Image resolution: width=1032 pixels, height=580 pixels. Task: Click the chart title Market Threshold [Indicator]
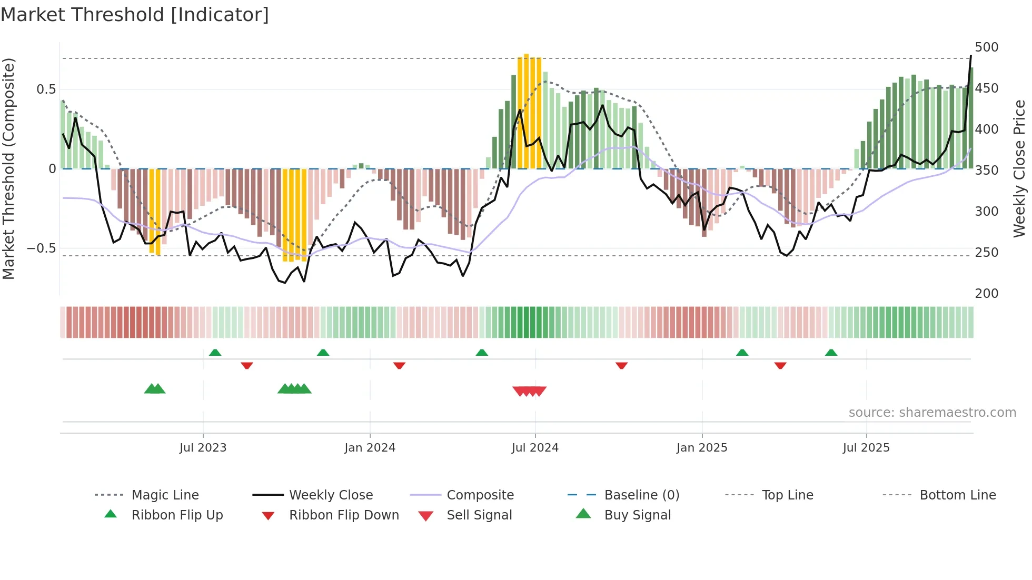coord(135,15)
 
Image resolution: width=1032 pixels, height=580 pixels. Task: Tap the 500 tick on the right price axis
coord(986,47)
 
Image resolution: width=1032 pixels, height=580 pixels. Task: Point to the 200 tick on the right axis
coord(986,293)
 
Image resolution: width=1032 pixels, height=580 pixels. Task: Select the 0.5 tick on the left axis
coord(46,89)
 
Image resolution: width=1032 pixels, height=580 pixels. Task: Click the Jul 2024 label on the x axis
coord(534,448)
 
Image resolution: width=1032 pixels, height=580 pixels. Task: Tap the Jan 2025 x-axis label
coord(701,448)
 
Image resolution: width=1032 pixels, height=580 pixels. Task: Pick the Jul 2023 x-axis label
coord(203,448)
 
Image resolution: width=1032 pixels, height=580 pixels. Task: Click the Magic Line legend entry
coord(165,495)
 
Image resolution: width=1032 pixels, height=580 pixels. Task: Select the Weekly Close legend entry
coord(331,495)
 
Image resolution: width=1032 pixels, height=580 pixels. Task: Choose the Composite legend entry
coord(480,495)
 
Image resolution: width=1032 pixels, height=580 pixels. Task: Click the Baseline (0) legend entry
coord(641,495)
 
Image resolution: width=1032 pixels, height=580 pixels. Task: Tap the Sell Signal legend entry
coord(479,515)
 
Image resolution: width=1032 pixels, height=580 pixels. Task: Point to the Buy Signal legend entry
coord(637,515)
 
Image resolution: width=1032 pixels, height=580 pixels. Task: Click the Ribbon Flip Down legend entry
coord(343,515)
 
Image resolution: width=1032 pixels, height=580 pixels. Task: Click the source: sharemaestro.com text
coord(932,413)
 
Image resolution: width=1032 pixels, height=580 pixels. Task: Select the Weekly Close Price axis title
coord(1019,168)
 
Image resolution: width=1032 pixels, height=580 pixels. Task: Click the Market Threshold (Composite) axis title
coord(8,168)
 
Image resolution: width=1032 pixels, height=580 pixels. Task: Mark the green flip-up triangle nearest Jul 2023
coord(215,353)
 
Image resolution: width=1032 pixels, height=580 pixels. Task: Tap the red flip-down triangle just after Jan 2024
coord(399,365)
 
